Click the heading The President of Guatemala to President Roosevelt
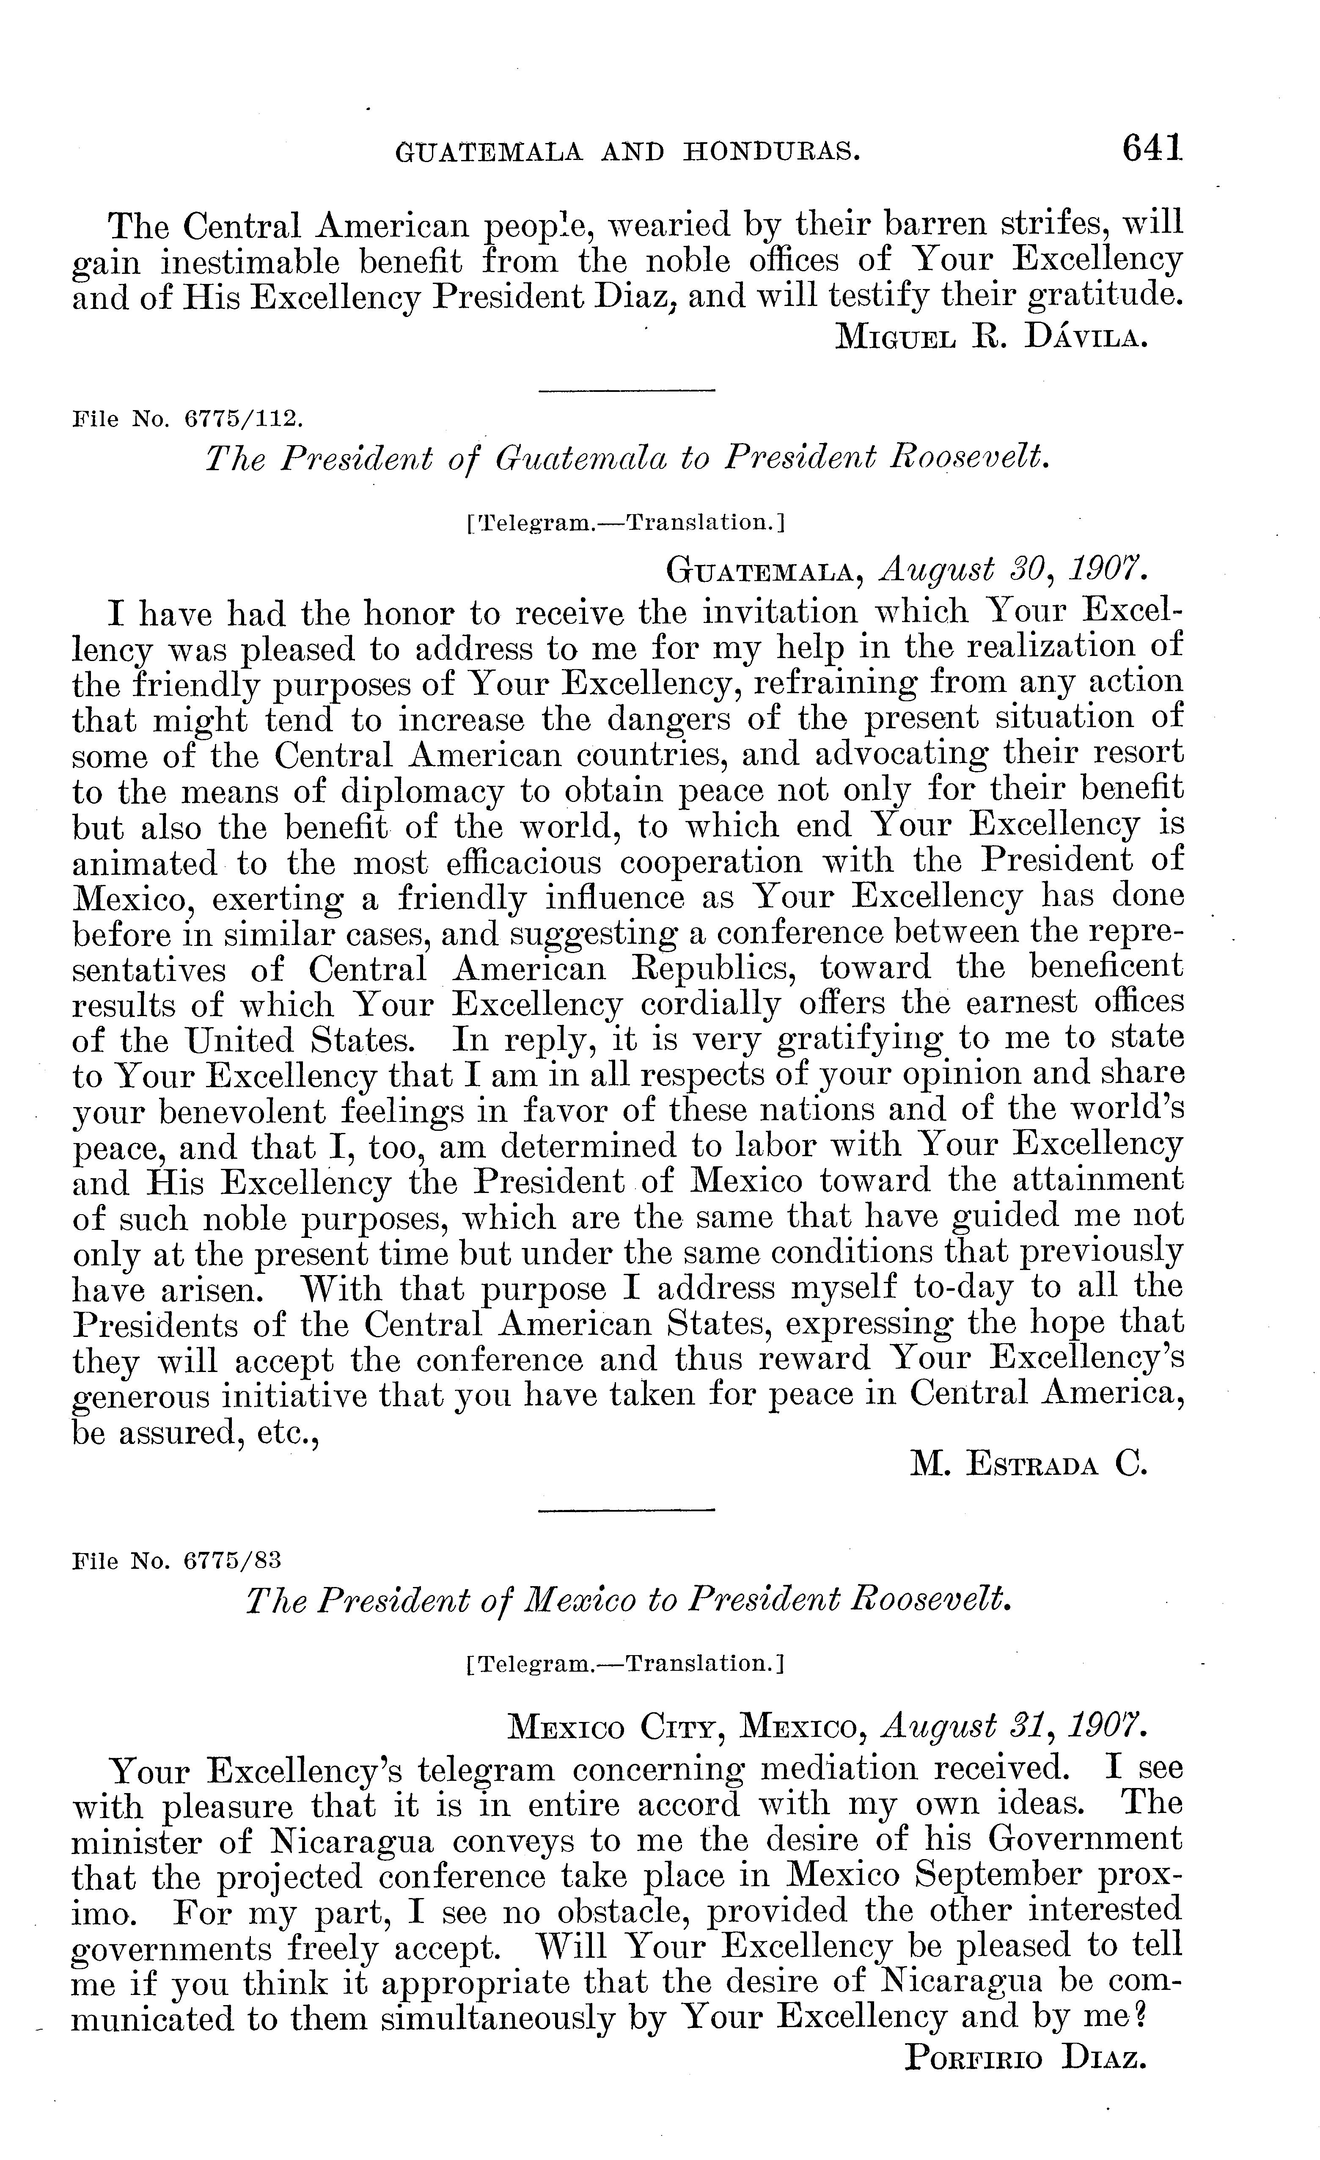627,457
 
